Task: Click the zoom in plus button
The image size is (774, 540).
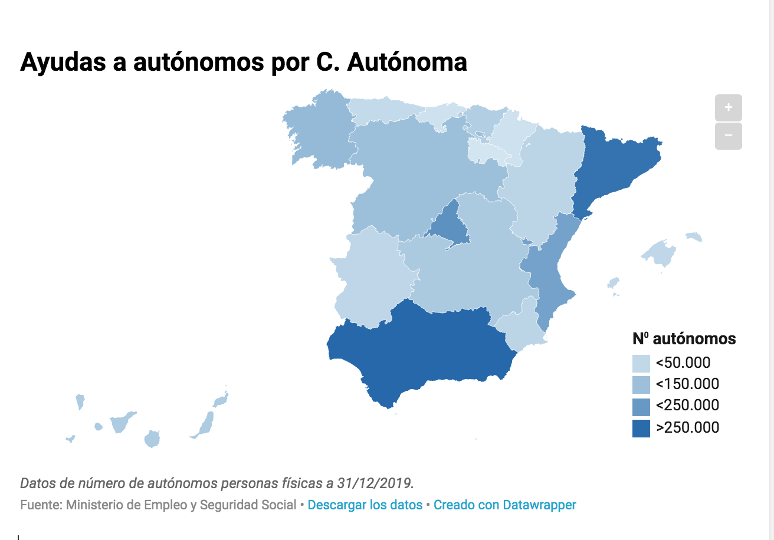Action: [729, 107]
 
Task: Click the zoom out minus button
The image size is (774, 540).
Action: [729, 136]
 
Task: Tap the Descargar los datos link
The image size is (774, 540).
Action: [365, 505]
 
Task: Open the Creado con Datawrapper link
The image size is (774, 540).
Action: [505, 505]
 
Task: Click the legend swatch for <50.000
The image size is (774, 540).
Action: [641, 363]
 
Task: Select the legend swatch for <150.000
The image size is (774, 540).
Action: [641, 384]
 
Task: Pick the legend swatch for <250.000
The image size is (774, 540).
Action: [641, 407]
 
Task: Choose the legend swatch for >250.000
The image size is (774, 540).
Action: [641, 429]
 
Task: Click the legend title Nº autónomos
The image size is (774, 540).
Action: [684, 339]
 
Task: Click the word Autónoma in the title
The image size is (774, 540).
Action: [407, 62]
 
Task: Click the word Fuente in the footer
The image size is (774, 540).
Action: [41, 505]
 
